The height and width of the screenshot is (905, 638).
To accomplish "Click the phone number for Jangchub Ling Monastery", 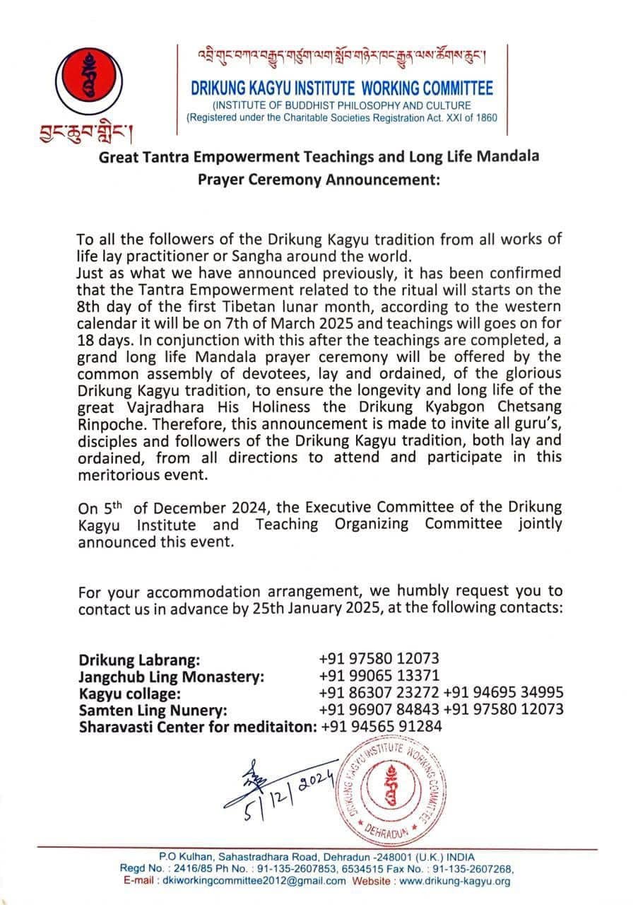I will (379, 676).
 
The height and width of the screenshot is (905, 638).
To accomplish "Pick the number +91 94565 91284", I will (382, 725).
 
